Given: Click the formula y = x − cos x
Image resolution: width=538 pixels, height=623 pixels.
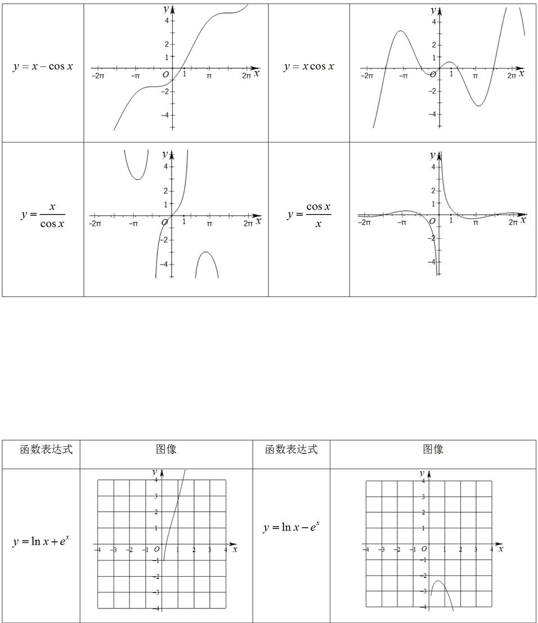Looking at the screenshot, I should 43,66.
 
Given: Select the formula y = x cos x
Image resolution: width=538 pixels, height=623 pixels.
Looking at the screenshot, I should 308,66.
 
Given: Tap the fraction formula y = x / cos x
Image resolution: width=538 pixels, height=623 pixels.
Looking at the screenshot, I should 43,215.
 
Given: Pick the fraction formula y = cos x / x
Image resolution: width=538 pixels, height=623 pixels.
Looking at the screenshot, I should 309,215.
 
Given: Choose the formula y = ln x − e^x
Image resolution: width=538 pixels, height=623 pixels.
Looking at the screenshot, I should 291,527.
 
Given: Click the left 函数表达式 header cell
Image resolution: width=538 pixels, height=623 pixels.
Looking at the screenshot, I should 46,449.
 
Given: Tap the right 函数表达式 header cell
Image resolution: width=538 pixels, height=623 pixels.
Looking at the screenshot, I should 291,449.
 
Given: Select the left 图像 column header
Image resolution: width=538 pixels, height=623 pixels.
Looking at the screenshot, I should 166,449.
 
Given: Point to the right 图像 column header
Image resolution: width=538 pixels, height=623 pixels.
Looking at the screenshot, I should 433,449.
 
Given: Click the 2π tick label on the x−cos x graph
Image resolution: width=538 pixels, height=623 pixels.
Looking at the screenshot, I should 246,75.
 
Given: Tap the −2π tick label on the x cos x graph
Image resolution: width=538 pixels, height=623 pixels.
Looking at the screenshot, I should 366,75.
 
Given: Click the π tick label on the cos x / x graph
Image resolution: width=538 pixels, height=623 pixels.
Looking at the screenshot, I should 476,223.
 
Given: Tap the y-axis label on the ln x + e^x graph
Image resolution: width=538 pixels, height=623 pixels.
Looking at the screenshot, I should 154,471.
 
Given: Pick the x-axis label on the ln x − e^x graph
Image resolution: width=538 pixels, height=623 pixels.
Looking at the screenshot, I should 500,548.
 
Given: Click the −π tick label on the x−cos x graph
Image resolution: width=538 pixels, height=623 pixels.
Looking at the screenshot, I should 136,75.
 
